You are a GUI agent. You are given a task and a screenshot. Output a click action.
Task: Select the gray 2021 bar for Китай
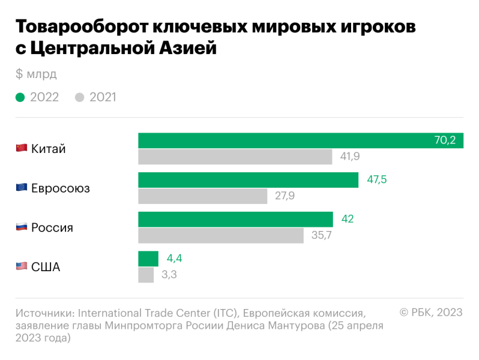point(235,157)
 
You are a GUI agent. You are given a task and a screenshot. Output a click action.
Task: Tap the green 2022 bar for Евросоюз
point(248,180)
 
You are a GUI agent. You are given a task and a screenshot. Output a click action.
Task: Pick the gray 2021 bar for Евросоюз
point(202,196)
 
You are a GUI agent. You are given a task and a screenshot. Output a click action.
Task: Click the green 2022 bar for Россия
point(235,220)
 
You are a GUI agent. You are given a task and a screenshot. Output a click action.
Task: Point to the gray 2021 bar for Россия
point(221,236)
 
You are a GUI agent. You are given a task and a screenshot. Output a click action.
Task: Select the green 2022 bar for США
point(148,259)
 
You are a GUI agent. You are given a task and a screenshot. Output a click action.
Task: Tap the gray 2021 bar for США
point(146,275)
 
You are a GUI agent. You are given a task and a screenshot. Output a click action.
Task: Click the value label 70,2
point(445,140)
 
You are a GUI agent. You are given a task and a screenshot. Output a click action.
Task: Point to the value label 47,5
point(376,180)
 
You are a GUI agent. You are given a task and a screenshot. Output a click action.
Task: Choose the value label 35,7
point(322,236)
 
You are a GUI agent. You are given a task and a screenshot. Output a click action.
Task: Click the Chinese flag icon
point(22,148)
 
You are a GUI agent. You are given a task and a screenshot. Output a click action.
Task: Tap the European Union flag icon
point(22,188)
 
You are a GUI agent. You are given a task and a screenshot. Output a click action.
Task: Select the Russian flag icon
point(22,227)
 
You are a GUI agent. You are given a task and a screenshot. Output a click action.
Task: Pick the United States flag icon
point(22,267)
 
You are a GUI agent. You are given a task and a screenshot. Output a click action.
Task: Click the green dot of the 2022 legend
point(20,97)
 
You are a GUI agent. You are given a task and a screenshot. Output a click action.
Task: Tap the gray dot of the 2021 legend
point(80,97)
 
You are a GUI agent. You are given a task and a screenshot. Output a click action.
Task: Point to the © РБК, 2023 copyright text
point(431,313)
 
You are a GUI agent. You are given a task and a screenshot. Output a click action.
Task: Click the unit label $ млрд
point(36,74)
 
